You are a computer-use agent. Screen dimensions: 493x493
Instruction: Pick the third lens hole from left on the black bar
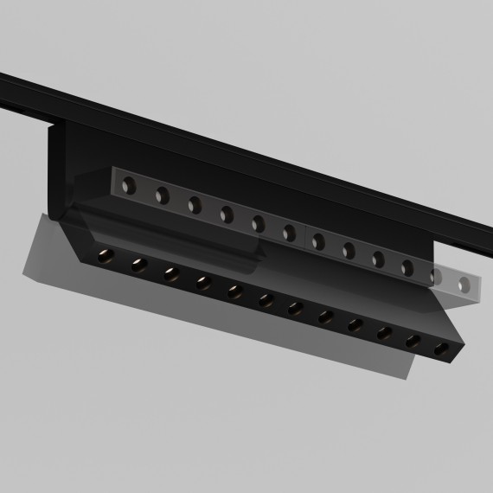pos(170,272)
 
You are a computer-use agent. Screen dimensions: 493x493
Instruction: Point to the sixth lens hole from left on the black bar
pos(266,299)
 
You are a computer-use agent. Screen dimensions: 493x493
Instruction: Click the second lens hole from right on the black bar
pos(413,340)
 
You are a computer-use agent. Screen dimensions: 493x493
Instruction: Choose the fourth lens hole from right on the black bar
pos(355,323)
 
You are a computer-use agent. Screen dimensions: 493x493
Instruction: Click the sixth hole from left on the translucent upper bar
pos(290,231)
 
